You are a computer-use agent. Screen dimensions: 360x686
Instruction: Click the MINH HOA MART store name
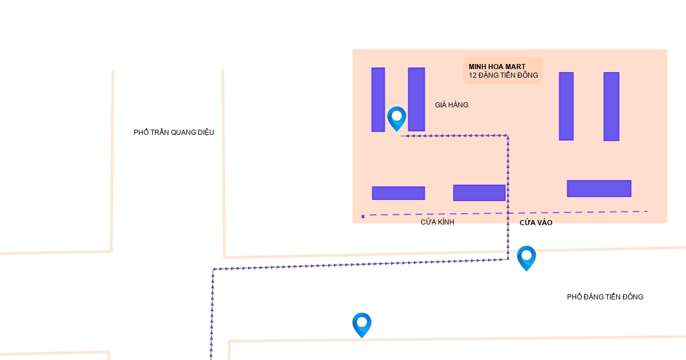(497, 67)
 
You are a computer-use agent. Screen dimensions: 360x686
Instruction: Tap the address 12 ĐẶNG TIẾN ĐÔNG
(503, 75)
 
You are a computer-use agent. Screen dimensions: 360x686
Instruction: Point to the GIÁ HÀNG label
(452, 105)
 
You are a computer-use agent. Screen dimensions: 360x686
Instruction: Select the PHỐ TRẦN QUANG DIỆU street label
(174, 133)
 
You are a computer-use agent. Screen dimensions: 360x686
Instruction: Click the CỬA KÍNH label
(437, 222)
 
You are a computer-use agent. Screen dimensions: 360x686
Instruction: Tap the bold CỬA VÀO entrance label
(536, 223)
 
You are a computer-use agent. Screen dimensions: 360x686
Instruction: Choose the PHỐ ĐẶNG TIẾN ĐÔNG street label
(605, 297)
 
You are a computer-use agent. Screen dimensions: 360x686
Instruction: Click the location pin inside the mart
(397, 118)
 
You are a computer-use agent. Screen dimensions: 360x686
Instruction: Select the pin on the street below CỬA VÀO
(526, 257)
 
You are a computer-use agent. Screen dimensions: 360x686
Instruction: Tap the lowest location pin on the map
(362, 324)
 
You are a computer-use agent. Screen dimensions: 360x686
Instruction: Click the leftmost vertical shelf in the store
(378, 99)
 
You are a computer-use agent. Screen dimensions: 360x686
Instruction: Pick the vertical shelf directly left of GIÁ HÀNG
(416, 99)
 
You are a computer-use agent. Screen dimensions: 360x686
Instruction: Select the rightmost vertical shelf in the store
(611, 106)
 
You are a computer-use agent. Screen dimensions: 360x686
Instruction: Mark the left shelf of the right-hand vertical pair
(566, 106)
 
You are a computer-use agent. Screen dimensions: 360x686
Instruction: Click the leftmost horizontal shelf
(398, 193)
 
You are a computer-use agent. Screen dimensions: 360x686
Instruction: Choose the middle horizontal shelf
(479, 193)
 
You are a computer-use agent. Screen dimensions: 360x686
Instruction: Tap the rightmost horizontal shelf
(599, 189)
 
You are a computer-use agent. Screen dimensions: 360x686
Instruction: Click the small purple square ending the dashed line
(363, 217)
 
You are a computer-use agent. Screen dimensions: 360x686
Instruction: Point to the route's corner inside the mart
(508, 136)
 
